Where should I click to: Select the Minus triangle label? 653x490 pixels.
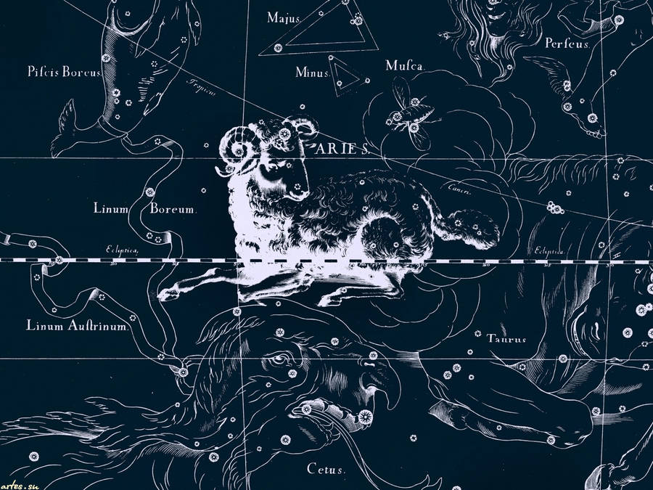(x=313, y=73)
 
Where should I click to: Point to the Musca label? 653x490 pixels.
(x=404, y=66)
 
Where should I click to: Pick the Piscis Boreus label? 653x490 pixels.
(x=65, y=72)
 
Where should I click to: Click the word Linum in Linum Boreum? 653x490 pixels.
(x=111, y=209)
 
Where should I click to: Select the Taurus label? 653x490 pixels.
(x=506, y=338)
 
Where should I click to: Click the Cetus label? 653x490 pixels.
(x=325, y=470)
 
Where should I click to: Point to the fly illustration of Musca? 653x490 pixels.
(x=406, y=113)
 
